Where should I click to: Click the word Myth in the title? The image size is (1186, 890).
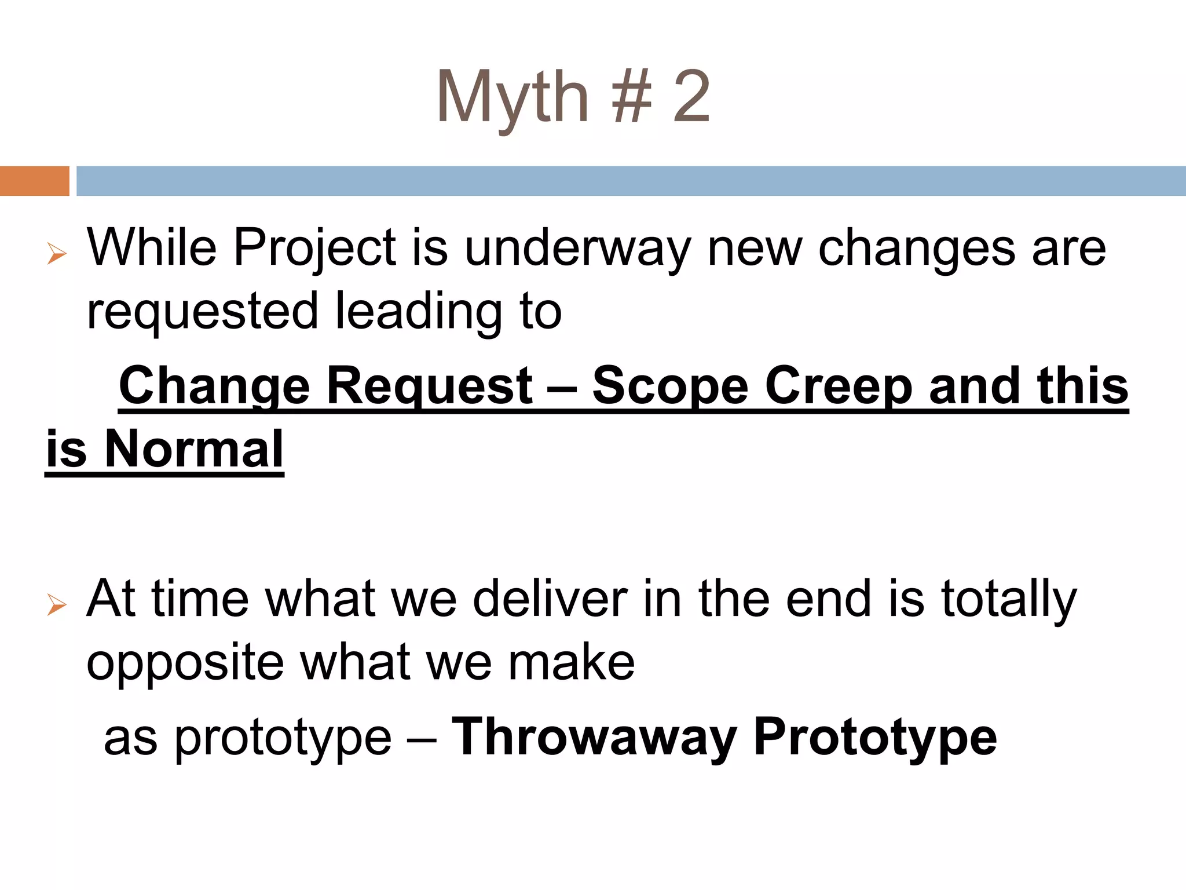pos(513,97)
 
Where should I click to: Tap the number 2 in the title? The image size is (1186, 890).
pos(691,97)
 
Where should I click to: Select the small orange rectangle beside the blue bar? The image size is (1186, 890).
pos(34,181)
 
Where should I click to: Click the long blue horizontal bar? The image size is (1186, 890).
pos(631,181)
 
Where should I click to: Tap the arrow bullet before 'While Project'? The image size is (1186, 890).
pos(57,254)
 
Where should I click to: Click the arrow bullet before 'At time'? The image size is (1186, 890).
pos(57,605)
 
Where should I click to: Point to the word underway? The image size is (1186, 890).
pos(578,248)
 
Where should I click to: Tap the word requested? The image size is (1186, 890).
pos(202,311)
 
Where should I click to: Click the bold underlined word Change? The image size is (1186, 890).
pos(214,386)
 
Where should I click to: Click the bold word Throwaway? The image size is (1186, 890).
pos(594,737)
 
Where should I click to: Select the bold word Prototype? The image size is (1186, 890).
pos(875,737)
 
